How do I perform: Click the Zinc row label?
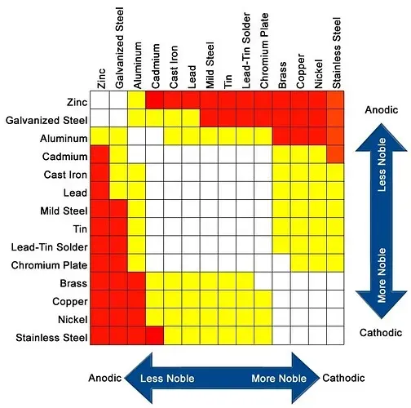click(x=77, y=103)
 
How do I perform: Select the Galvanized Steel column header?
click(x=120, y=48)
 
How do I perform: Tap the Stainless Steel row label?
click(x=51, y=338)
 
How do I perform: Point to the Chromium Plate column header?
click(x=264, y=51)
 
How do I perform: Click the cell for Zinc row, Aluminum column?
click(x=136, y=100)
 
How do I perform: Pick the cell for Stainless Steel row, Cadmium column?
click(x=155, y=335)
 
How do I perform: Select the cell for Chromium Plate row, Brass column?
click(x=281, y=264)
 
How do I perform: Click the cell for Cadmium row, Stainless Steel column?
click(x=335, y=154)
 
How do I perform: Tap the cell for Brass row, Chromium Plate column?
click(x=263, y=282)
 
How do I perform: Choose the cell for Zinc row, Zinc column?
click(x=100, y=100)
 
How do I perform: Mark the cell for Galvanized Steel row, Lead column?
click(x=191, y=118)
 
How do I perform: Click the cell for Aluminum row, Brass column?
click(x=281, y=136)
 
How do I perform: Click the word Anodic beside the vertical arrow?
click(x=382, y=110)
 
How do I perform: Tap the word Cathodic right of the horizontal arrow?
click(x=343, y=378)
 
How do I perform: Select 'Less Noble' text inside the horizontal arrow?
click(x=167, y=379)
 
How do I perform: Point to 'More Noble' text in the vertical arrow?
click(x=382, y=275)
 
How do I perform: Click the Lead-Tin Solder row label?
click(x=50, y=247)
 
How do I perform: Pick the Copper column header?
click(x=301, y=71)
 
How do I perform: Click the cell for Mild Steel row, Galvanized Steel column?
click(x=118, y=209)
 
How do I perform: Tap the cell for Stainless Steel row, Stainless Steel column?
click(x=335, y=335)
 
